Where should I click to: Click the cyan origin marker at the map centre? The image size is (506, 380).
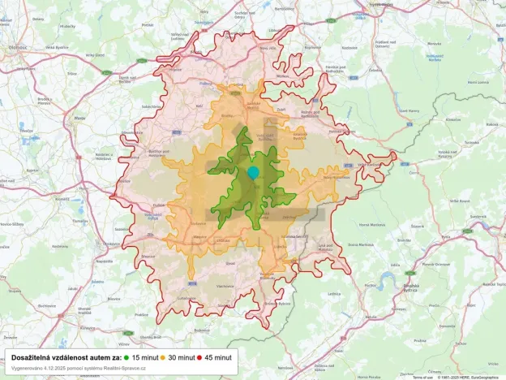[x=253, y=172]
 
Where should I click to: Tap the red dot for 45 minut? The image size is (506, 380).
[x=199, y=357]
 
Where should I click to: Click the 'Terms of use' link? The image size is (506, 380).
[x=422, y=377]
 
